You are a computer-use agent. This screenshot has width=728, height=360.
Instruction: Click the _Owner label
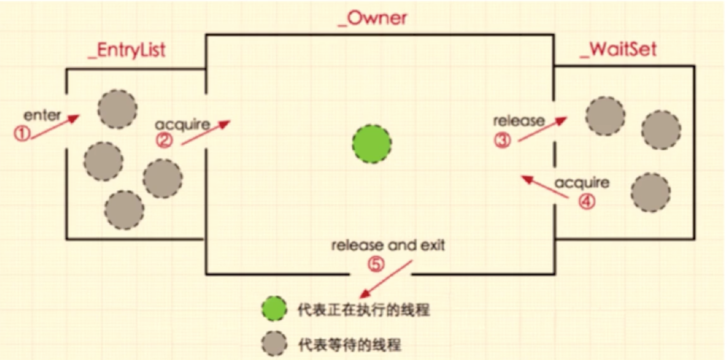[372, 18]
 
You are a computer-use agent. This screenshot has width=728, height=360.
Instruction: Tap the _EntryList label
[127, 50]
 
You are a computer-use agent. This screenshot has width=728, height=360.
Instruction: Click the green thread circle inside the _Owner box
[372, 144]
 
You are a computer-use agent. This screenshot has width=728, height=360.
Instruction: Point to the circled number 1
[22, 134]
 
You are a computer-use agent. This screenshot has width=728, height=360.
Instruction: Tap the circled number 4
[586, 201]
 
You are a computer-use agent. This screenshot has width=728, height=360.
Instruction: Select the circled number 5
[376, 264]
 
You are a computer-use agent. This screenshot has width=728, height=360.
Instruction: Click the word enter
[42, 115]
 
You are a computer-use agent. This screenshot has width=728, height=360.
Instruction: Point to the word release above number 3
[519, 121]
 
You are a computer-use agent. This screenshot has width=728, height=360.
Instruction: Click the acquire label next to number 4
[582, 183]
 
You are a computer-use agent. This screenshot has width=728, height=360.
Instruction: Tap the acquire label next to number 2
[182, 124]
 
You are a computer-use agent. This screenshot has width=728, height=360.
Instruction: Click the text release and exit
[388, 245]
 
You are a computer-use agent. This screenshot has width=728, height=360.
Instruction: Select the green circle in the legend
[274, 309]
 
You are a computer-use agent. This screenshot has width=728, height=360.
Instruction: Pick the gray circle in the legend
[274, 343]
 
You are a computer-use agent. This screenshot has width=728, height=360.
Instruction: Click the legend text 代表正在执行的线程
[364, 310]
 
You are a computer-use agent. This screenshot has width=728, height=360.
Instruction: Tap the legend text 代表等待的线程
[350, 344]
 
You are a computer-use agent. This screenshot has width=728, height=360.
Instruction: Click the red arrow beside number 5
[386, 280]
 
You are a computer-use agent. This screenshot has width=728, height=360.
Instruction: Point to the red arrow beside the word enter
[55, 127]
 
